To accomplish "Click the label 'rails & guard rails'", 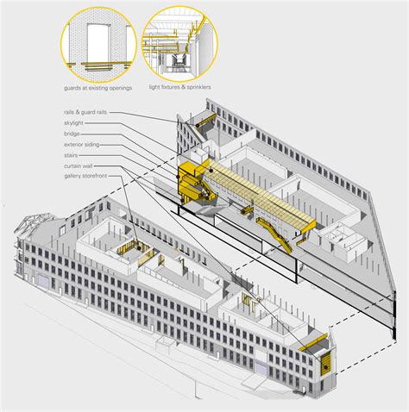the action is tap(85, 112).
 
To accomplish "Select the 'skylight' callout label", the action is tap(73, 123).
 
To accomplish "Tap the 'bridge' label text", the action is tap(72, 134).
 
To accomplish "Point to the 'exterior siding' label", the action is tap(82, 145).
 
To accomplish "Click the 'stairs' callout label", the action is tap(71, 155).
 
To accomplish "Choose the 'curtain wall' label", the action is tap(79, 166).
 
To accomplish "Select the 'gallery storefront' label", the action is tap(85, 176).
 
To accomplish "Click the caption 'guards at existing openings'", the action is tap(98, 88).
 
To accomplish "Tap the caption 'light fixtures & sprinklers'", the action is tap(179, 87).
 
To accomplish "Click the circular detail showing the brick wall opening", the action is tap(98, 45).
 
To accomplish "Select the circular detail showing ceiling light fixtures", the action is tap(179, 43).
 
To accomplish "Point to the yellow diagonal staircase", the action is tap(274, 235).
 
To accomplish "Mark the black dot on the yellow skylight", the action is tap(211, 171).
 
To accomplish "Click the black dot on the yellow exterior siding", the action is tap(326, 367).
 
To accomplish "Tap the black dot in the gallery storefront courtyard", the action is tap(139, 247).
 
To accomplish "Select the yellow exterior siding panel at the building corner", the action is tap(326, 365).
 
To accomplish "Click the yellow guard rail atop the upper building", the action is tap(206, 120).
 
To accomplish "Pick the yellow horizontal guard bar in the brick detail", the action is tap(99, 64).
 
